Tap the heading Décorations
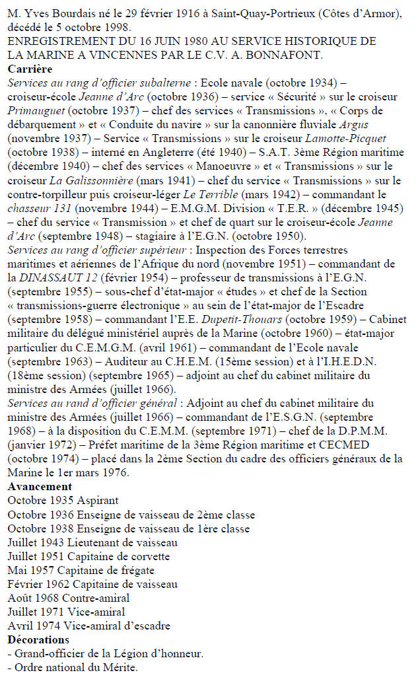(x=38, y=639)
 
